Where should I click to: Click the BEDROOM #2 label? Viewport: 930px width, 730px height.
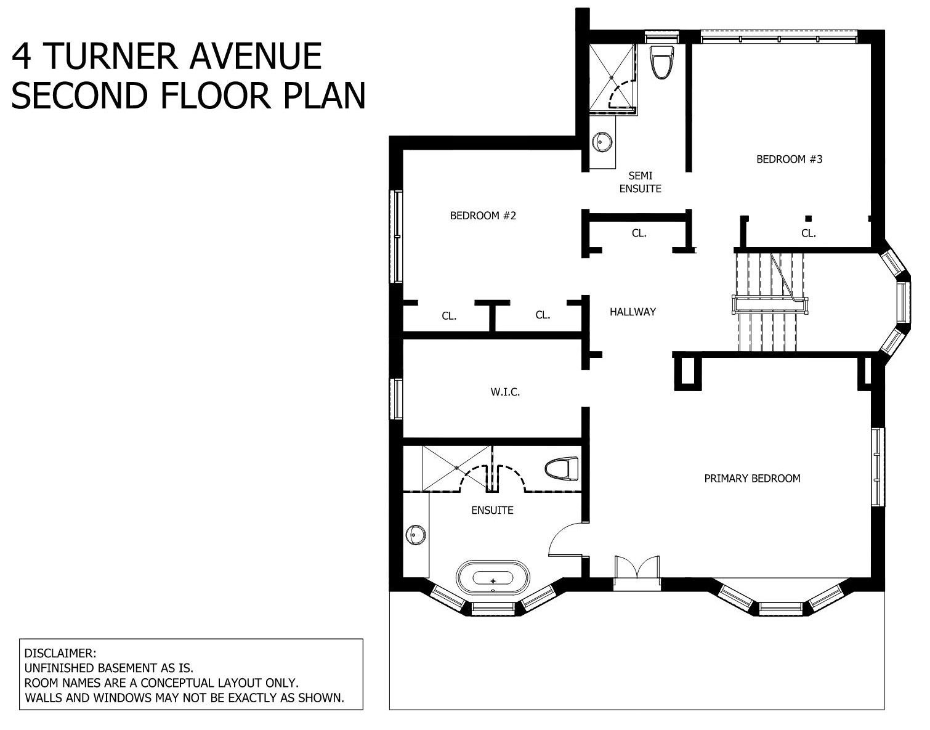tap(483, 216)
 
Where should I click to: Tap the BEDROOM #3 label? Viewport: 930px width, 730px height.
tap(789, 159)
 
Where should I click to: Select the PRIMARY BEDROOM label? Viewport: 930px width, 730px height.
tap(752, 479)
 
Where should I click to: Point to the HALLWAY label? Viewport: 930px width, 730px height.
tap(633, 312)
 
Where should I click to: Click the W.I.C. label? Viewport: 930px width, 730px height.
tap(505, 392)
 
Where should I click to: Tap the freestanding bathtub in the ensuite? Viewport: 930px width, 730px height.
tap(493, 577)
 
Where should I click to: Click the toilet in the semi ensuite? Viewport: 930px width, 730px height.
tap(661, 62)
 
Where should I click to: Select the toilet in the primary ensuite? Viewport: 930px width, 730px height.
tap(562, 469)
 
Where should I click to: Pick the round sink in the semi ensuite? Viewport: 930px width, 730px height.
tap(602, 141)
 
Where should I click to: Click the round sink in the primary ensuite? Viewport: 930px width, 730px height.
tap(415, 535)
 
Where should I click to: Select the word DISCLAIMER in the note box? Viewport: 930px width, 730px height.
tap(60, 654)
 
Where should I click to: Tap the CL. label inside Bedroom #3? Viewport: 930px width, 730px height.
tap(809, 233)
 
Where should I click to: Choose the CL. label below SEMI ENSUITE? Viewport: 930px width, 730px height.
tap(639, 233)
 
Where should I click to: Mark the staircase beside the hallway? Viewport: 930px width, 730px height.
tap(769, 302)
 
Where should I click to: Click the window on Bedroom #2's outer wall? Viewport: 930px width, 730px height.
tap(398, 236)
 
